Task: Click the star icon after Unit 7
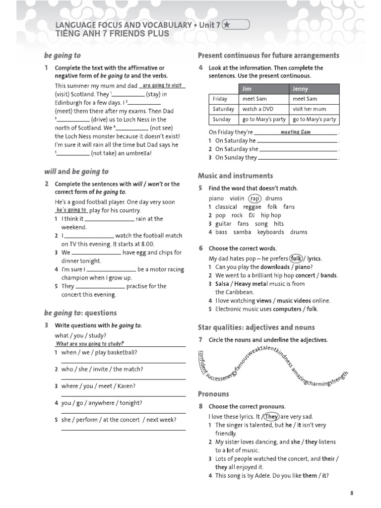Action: pyautogui.click(x=227, y=24)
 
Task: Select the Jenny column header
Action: pyautogui.click(x=300, y=89)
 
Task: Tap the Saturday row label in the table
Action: pyautogui.click(x=223, y=109)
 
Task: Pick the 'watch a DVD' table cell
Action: pyautogui.click(x=256, y=109)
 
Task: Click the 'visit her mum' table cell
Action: pyautogui.click(x=310, y=109)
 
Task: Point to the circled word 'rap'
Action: pyautogui.click(x=254, y=198)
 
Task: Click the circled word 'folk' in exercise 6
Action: pyautogui.click(x=296, y=258)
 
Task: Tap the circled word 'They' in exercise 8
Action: pyautogui.click(x=271, y=417)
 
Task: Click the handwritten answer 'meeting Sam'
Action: pyautogui.click(x=295, y=132)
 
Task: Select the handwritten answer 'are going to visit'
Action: pyautogui.click(x=162, y=85)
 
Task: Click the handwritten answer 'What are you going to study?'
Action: pyautogui.click(x=90, y=344)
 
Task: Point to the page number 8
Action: pyautogui.click(x=352, y=493)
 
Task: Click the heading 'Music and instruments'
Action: pyautogui.click(x=235, y=176)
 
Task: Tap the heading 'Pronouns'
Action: pyautogui.click(x=213, y=394)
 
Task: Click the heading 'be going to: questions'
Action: pyautogui.click(x=80, y=313)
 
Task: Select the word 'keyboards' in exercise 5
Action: pyautogui.click(x=270, y=232)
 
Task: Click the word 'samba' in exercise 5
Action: pyautogui.click(x=242, y=232)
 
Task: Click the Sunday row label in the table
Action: pyautogui.click(x=222, y=120)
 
